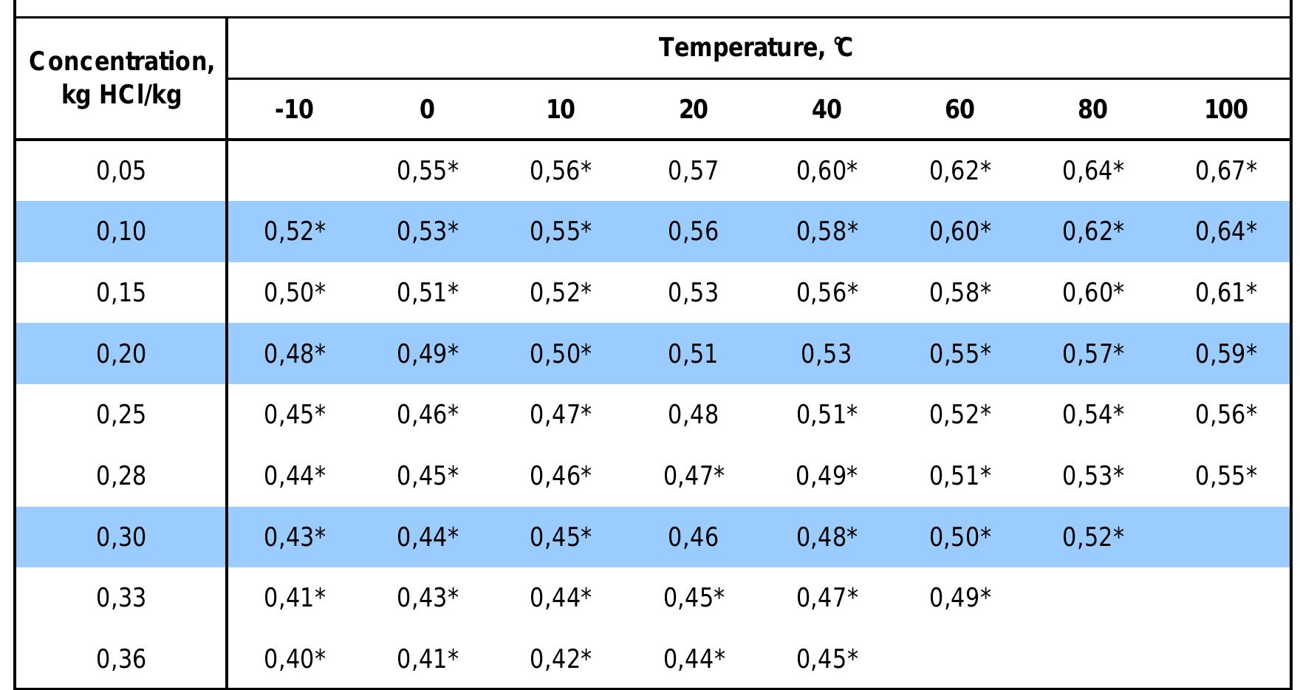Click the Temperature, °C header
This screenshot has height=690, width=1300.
tap(756, 48)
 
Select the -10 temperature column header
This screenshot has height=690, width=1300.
tap(294, 110)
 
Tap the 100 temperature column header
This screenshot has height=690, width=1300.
tap(1225, 110)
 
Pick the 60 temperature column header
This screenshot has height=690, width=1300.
tap(959, 110)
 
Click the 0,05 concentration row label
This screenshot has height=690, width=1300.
tap(121, 171)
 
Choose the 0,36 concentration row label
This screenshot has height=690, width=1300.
tap(121, 659)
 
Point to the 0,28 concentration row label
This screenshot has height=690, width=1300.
tap(121, 476)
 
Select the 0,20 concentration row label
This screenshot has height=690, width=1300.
tap(121, 354)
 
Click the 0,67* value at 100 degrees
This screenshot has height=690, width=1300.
tap(1225, 171)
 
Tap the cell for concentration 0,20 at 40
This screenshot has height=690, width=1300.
tap(826, 354)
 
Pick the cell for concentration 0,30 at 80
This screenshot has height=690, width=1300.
tap(1092, 537)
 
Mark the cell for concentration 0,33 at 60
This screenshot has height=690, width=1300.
tap(959, 598)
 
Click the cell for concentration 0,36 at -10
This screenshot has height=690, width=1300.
tap(294, 659)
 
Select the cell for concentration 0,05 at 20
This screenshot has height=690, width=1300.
tap(693, 171)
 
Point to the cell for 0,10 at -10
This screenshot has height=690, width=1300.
tap(294, 232)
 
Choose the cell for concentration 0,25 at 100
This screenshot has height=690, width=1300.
tap(1225, 415)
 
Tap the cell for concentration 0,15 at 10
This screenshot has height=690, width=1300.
tap(560, 293)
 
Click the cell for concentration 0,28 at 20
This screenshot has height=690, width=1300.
tap(693, 476)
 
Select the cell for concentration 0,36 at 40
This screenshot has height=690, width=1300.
tap(826, 659)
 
